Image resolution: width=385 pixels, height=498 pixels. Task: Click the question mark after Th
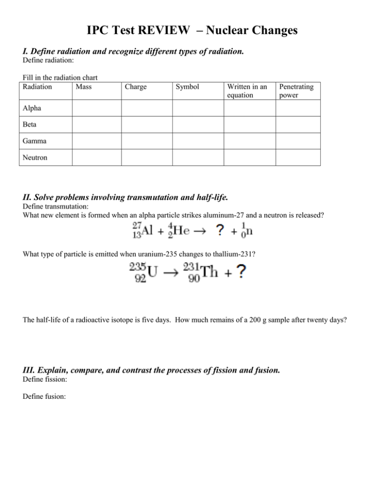tap(241, 273)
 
